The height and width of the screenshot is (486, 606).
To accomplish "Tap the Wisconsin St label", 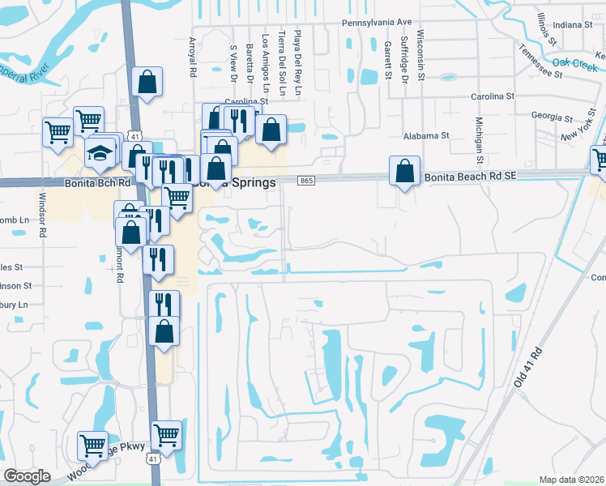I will click(x=420, y=55).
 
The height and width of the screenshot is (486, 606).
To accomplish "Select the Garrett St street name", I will click(x=389, y=62).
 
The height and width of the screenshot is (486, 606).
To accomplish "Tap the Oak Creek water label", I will click(x=574, y=62).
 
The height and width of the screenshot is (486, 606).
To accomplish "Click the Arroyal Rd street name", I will click(x=193, y=57).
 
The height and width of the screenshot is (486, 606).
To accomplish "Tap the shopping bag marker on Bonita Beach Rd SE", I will click(x=404, y=172).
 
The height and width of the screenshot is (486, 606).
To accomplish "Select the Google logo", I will click(x=27, y=476).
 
